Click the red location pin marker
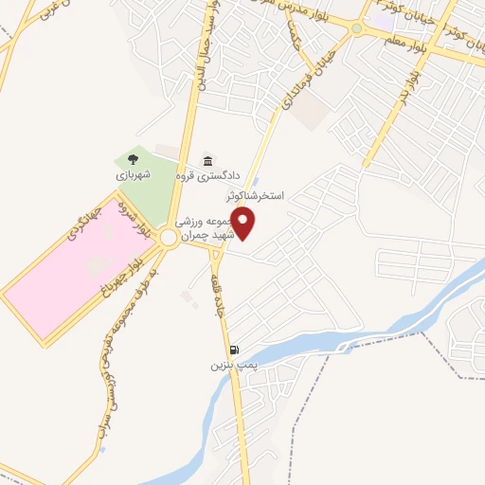click(x=244, y=225)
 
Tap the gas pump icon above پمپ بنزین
click(x=234, y=350)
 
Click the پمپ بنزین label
click(x=233, y=364)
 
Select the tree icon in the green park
click(x=132, y=159)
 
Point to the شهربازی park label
click(x=133, y=175)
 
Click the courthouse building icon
click(x=207, y=160)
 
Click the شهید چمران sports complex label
click(x=199, y=228)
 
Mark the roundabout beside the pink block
click(x=169, y=238)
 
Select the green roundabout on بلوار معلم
click(x=356, y=28)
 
